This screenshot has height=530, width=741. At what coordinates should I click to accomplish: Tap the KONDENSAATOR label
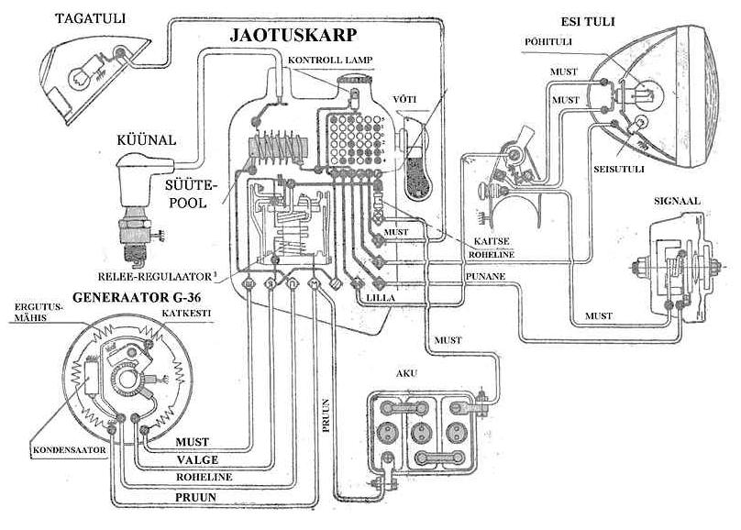pyautogui.click(x=70, y=451)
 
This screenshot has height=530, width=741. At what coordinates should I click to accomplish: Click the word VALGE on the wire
pyautogui.click(x=196, y=460)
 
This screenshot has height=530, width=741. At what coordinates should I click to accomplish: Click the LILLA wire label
pyautogui.click(x=380, y=300)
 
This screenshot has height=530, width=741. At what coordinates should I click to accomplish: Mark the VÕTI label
pyautogui.click(x=404, y=100)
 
